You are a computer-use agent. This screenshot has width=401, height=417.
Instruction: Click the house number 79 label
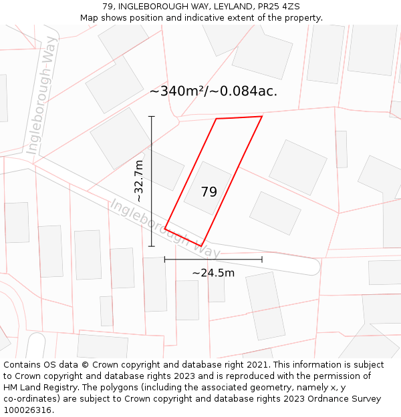point(209,192)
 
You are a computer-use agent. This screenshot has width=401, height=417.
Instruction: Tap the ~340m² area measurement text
point(178,91)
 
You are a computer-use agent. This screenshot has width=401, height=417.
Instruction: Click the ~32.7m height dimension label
point(139,181)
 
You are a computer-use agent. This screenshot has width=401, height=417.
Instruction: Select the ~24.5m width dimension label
point(213,273)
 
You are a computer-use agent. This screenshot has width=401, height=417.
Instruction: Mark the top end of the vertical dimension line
point(152,117)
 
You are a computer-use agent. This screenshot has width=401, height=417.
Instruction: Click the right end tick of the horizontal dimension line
point(262,259)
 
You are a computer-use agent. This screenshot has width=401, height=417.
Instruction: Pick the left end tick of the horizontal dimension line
point(165,259)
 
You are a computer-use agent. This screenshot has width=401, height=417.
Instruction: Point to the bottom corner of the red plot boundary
point(201,246)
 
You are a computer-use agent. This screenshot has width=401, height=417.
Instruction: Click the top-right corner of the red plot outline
point(262,117)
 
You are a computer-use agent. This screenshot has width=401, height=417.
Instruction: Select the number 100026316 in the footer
point(27,410)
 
